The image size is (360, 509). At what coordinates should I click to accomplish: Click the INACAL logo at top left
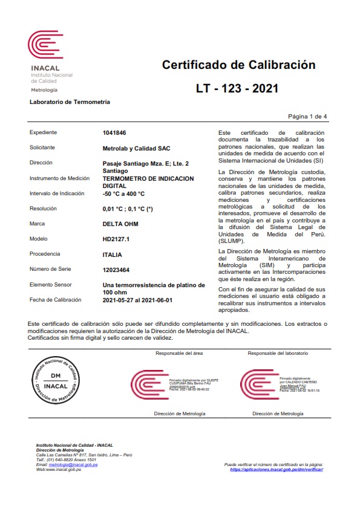(45, 46)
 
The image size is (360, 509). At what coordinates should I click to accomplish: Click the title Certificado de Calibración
(238, 65)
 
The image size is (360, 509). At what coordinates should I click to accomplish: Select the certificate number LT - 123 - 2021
(237, 88)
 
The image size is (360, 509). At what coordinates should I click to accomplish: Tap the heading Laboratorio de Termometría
(70, 102)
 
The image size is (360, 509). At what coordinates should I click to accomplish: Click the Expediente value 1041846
(115, 132)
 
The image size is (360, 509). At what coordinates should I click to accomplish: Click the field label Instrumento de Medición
(59, 178)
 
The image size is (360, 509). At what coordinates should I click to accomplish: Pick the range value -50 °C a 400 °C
(124, 193)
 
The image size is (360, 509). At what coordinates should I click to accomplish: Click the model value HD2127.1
(116, 239)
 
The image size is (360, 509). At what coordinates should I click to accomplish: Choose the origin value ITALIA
(113, 254)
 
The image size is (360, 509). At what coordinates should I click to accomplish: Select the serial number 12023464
(117, 270)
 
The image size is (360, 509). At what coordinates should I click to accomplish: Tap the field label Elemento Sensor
(51, 285)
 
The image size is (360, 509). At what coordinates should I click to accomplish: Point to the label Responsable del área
(179, 352)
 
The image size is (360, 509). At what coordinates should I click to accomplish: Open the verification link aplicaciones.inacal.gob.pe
(277, 469)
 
